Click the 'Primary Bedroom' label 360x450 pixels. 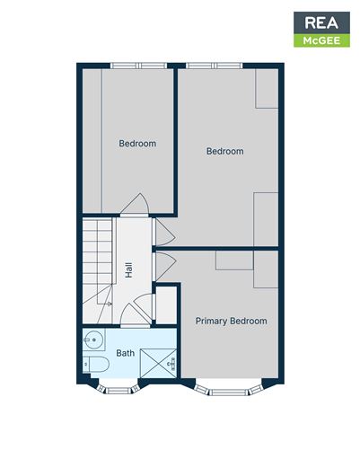point(231,321)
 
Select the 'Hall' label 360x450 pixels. point(129,269)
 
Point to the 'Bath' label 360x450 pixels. point(126,353)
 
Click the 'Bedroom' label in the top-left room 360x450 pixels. point(137,144)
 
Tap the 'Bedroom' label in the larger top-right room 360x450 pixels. point(224,151)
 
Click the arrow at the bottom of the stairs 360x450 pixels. point(107,304)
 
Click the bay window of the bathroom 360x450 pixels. point(117,387)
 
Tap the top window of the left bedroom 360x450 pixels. point(137,66)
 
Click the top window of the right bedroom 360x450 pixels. point(215,66)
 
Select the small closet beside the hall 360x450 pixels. point(166,304)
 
